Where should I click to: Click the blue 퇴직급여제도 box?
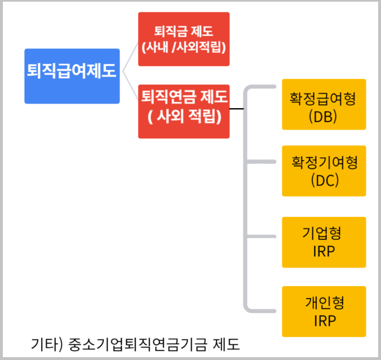point(72,75)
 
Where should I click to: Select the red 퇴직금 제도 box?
point(184,39)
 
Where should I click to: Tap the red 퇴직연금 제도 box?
point(184,110)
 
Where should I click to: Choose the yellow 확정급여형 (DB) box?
point(324,104)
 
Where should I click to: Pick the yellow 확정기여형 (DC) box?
point(324,170)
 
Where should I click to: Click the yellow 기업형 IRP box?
point(324,242)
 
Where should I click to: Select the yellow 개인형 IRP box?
point(324,312)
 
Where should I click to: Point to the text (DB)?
point(324,115)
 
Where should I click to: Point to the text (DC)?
point(324,180)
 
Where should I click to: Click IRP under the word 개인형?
point(324,321)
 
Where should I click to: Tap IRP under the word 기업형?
point(324,251)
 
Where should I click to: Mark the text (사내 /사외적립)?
point(184,47)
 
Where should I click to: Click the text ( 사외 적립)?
point(184,118)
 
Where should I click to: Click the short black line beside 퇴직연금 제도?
point(236,109)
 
